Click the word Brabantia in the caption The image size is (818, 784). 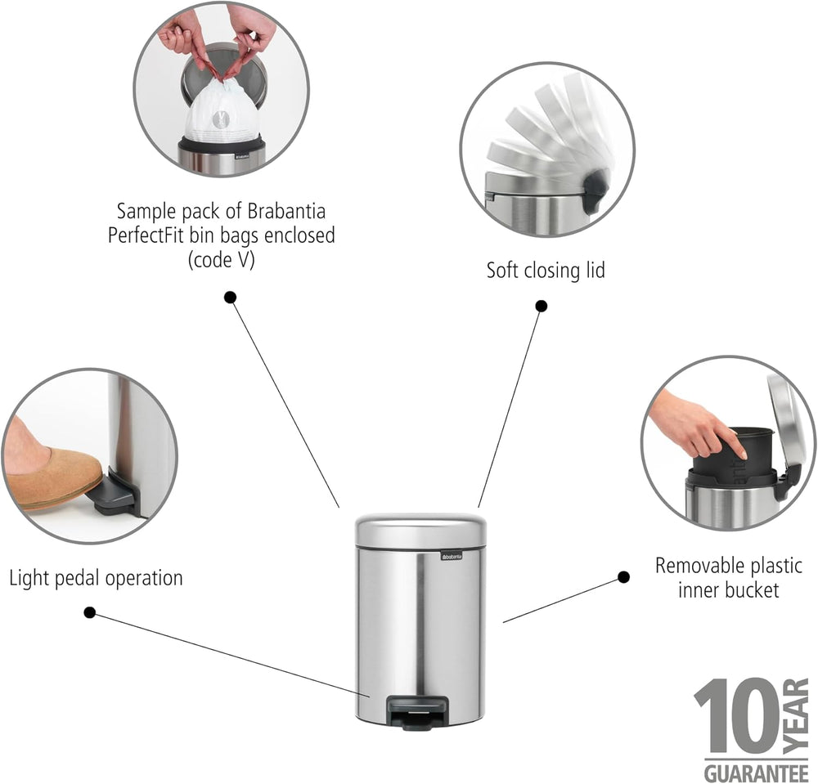tap(286, 211)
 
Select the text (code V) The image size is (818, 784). tap(221, 260)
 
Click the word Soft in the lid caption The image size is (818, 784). tap(502, 270)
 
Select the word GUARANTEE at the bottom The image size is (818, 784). tap(756, 773)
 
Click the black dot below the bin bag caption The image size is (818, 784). tap(230, 297)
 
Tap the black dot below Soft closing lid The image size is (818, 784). tap(542, 306)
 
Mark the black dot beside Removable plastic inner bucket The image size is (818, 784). tap(623, 577)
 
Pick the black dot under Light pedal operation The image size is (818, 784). tap(90, 612)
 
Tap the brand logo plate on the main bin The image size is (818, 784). tap(452, 556)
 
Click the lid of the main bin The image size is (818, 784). tap(420, 530)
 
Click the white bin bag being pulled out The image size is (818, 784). tap(221, 112)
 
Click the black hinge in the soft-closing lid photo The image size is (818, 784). tap(596, 192)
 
